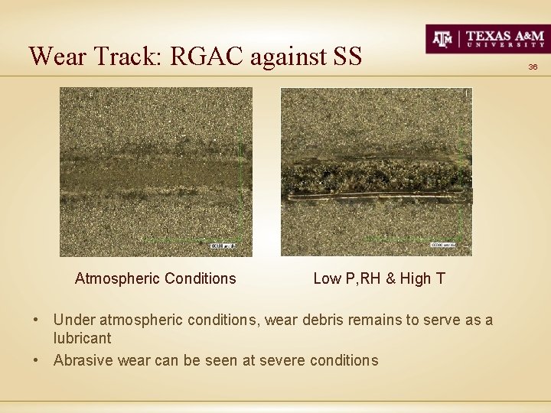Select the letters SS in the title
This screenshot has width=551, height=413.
coord(347,56)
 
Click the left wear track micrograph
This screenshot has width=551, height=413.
coord(156,171)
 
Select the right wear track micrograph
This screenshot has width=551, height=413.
coord(377,171)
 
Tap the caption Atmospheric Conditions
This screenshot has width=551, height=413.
coord(155,278)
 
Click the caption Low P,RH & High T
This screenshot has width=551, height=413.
coord(379,278)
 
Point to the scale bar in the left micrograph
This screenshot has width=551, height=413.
coord(221,246)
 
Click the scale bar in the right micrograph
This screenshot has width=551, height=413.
coord(443,245)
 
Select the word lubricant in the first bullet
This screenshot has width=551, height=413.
coord(82,338)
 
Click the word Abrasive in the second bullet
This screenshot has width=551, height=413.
coord(83,360)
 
